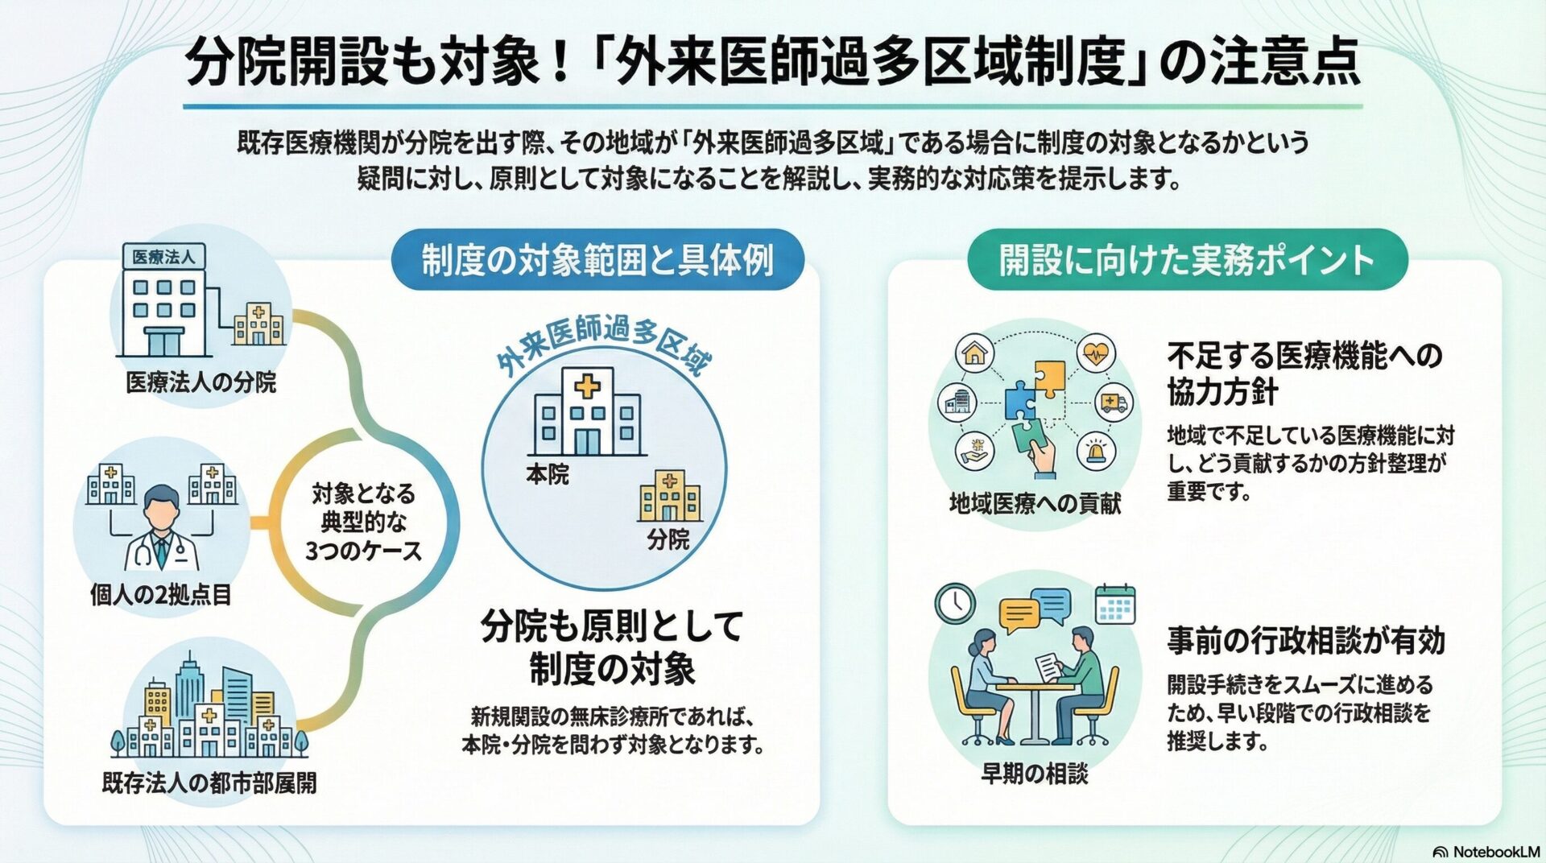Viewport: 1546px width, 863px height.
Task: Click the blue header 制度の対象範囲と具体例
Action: (597, 260)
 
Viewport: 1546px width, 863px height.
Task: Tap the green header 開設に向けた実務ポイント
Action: (1187, 259)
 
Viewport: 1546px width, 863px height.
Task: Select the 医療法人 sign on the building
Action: (163, 257)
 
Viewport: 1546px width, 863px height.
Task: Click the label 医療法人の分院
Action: (201, 382)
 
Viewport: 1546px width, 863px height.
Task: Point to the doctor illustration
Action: (161, 527)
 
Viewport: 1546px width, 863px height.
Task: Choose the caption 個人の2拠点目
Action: (160, 595)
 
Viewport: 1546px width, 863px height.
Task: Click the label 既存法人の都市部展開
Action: (209, 782)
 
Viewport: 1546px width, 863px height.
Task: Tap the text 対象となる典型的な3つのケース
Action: (363, 522)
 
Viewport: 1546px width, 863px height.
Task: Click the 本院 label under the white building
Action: (548, 474)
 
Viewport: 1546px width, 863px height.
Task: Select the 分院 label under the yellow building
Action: (668, 539)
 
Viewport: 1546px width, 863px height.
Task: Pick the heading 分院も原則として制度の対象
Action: (612, 647)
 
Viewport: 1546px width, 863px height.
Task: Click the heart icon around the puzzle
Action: (1096, 353)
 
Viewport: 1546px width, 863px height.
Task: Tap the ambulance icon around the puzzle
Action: (1114, 402)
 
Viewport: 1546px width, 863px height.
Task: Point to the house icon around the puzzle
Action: (974, 353)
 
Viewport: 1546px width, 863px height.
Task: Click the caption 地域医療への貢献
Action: (1035, 503)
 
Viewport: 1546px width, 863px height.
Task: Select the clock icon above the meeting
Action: (955, 602)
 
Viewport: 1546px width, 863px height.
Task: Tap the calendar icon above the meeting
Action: (1115, 605)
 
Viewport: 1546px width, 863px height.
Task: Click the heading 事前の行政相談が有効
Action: (1306, 640)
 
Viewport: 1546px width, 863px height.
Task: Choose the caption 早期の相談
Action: (1035, 774)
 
